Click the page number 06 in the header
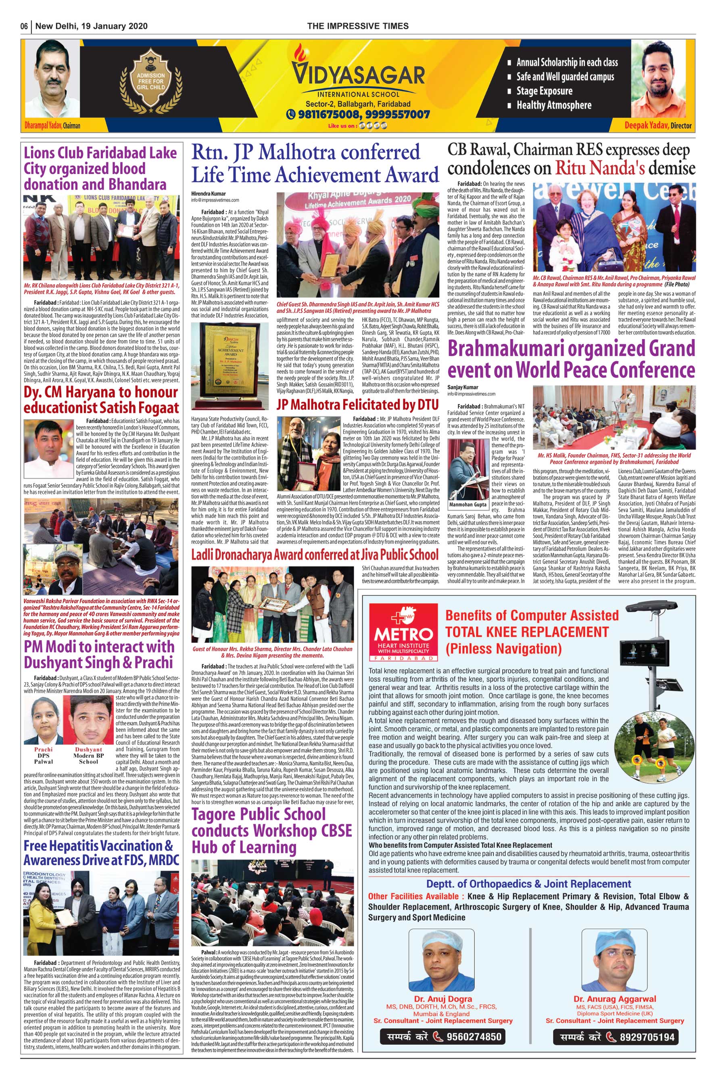24,26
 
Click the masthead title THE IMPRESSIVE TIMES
357,26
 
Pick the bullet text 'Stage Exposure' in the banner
544,91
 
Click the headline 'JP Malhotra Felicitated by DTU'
357,405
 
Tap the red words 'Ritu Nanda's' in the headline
599,168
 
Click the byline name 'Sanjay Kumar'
463,387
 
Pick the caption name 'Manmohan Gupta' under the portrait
468,505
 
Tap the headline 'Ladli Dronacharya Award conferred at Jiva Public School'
315,555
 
